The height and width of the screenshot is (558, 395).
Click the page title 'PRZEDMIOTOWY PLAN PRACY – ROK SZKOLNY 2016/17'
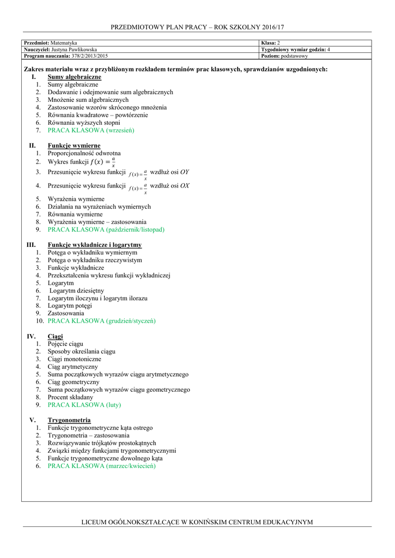pyautogui.click(x=197, y=27)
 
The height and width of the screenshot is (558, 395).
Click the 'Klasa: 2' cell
pyautogui.click(x=271, y=43)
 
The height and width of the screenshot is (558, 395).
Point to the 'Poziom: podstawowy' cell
pyautogui.click(x=284, y=56)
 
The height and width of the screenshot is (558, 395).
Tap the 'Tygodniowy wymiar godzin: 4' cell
pyautogui.click(x=296, y=50)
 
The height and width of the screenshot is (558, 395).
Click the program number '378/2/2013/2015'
pyautogui.click(x=90, y=56)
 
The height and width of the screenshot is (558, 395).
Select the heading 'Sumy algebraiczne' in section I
pyautogui.click(x=75, y=77)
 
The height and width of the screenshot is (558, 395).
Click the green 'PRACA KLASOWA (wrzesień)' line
pyautogui.click(x=90, y=131)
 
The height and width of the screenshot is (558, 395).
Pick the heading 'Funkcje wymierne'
pyautogui.click(x=74, y=146)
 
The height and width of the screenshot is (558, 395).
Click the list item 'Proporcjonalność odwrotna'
pyautogui.click(x=84, y=154)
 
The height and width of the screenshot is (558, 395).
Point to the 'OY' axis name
pyautogui.click(x=185, y=172)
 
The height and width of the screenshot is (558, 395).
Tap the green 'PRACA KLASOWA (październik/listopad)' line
pyautogui.click(x=106, y=230)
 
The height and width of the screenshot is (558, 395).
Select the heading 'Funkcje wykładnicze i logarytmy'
pyautogui.click(x=95, y=245)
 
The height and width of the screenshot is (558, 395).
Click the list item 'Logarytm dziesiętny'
pyautogui.click(x=77, y=291)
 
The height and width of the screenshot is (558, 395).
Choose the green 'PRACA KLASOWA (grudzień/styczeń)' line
pyautogui.click(x=101, y=322)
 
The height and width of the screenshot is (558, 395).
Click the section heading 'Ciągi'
pyautogui.click(x=55, y=337)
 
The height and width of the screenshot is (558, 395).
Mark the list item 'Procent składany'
pyautogui.click(x=70, y=398)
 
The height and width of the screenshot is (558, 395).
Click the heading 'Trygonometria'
pyautogui.click(x=69, y=421)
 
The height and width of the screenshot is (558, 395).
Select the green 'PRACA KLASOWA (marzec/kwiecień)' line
pyautogui.click(x=101, y=466)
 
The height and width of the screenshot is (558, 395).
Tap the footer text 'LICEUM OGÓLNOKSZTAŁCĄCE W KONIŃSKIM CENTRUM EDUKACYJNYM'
pyautogui.click(x=197, y=522)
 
